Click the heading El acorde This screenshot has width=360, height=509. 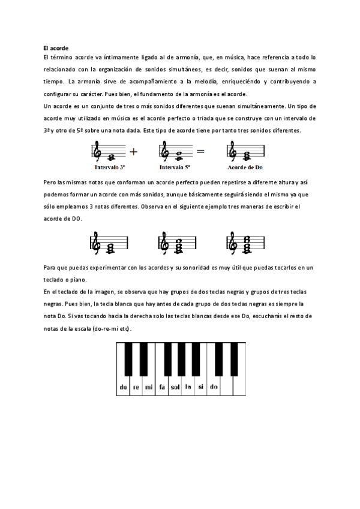56,47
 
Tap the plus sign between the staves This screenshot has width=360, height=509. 134,152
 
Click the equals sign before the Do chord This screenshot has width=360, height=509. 200,152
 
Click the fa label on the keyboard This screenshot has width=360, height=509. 161,387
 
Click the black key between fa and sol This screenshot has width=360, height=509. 169,358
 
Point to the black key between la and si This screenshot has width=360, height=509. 194,358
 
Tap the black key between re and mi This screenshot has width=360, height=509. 143,358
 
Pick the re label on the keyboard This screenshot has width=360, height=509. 136,387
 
